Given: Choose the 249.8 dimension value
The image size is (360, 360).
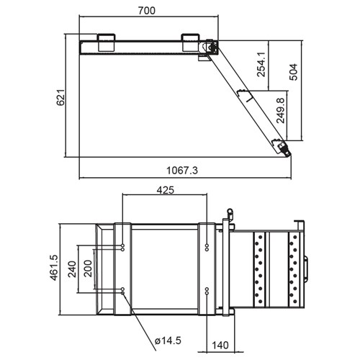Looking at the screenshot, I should coord(280,116).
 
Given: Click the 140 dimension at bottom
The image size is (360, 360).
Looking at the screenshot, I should coord(222,346).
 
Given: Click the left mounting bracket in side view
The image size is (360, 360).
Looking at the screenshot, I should coord(106,42).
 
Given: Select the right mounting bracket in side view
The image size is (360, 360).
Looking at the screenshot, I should coord(191,42).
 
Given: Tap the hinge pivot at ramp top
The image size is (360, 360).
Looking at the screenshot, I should coord(211,47).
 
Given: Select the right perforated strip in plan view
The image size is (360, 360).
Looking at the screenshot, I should coord(294,268).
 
